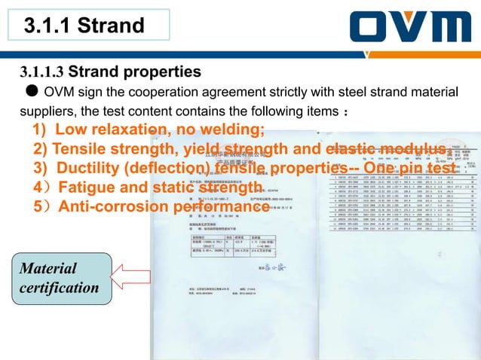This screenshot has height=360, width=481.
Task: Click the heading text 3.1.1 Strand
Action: pyautogui.click(x=84, y=26)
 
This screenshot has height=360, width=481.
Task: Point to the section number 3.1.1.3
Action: pyautogui.click(x=43, y=72)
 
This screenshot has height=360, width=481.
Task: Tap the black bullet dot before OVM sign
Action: pyautogui.click(x=32, y=92)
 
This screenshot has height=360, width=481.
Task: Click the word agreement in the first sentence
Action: pyautogui.click(x=247, y=92)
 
